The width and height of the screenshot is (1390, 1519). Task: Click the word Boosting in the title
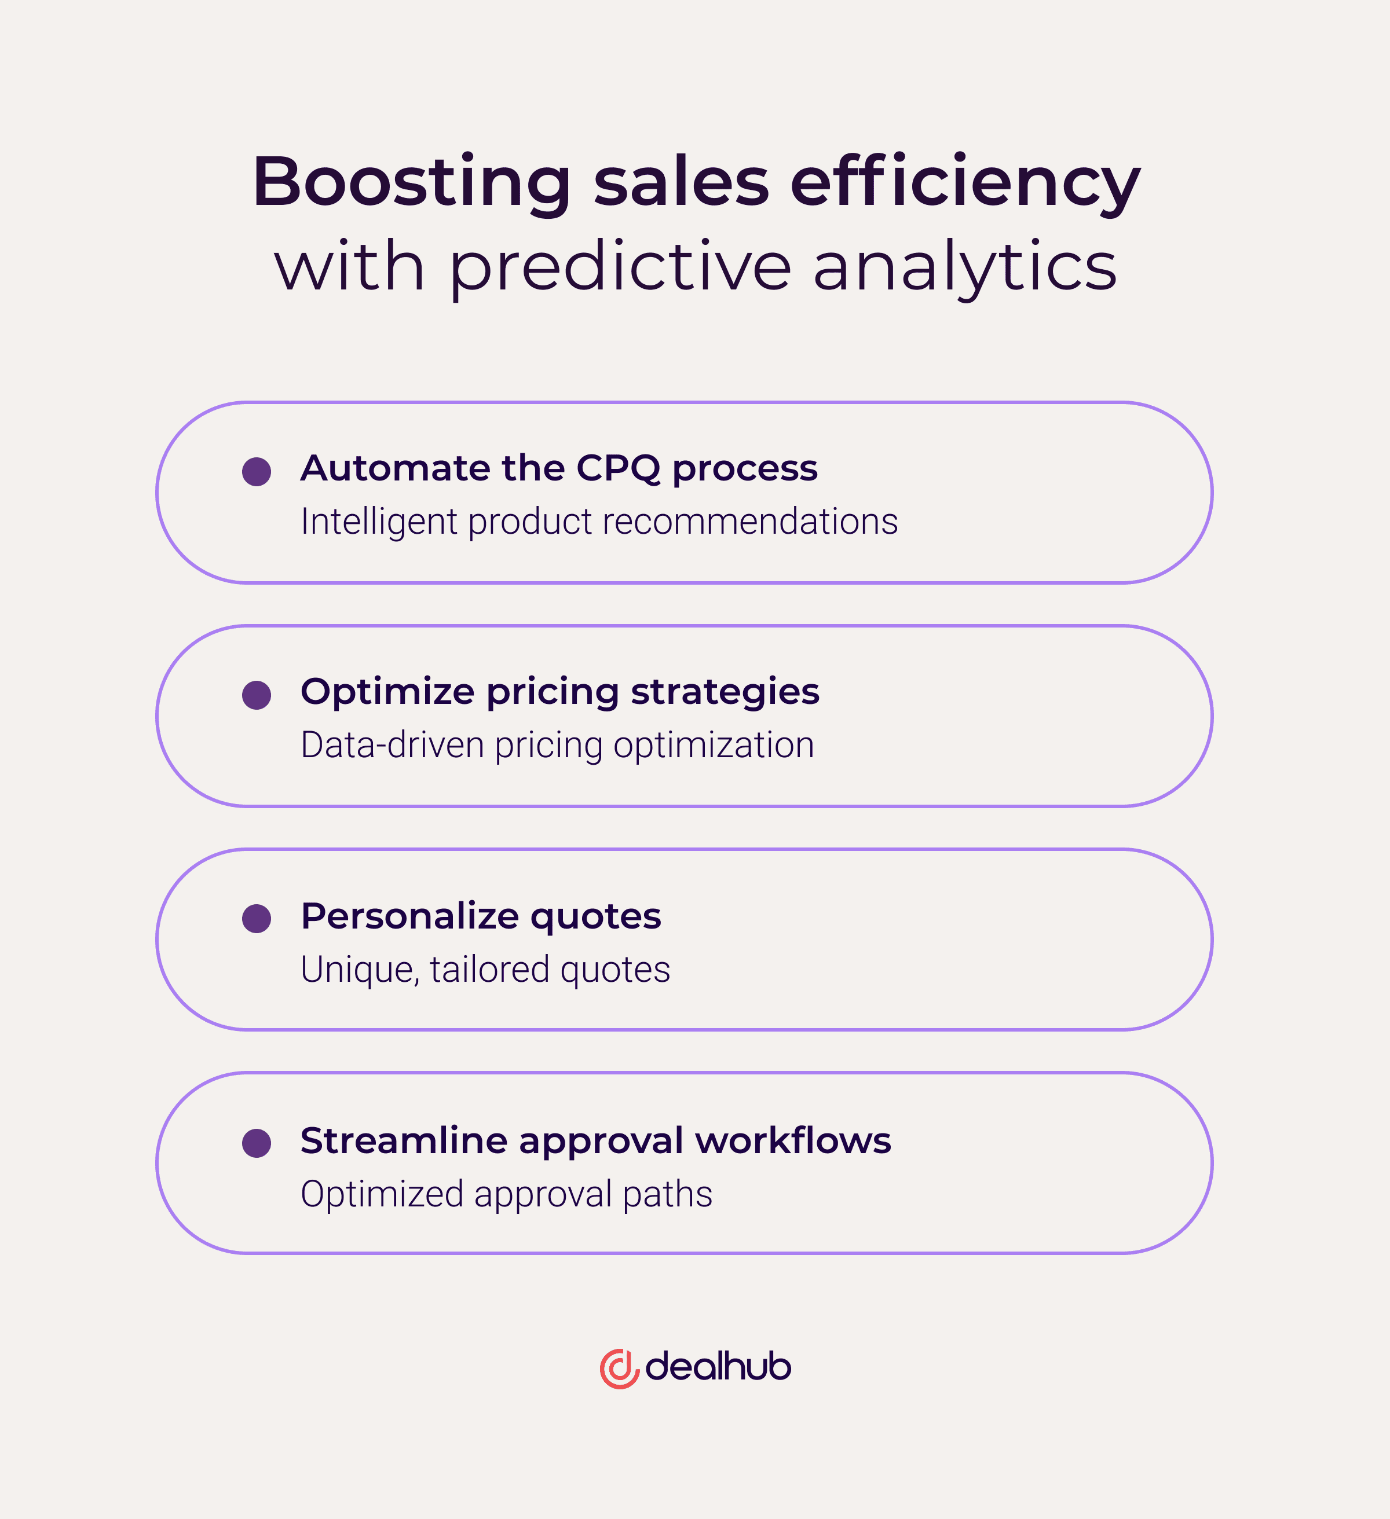pyautogui.click(x=412, y=183)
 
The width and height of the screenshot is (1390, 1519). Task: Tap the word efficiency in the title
pyautogui.click(x=965, y=183)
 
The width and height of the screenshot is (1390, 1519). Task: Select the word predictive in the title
pyautogui.click(x=620, y=267)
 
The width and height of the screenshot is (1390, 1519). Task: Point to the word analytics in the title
pyautogui.click(x=965, y=267)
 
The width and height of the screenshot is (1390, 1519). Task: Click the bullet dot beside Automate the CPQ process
pyautogui.click(x=257, y=472)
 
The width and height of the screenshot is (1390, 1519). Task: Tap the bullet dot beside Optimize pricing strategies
pyautogui.click(x=257, y=695)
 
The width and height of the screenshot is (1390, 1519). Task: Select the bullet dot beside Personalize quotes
pyautogui.click(x=257, y=919)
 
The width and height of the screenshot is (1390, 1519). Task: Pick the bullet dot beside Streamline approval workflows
pyautogui.click(x=257, y=1142)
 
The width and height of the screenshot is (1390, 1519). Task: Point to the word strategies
pyautogui.click(x=725, y=692)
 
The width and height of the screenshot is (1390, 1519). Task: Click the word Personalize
pyautogui.click(x=410, y=916)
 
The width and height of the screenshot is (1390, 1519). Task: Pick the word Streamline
pyautogui.click(x=403, y=1140)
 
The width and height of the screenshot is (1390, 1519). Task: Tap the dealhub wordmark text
pyautogui.click(x=718, y=1367)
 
